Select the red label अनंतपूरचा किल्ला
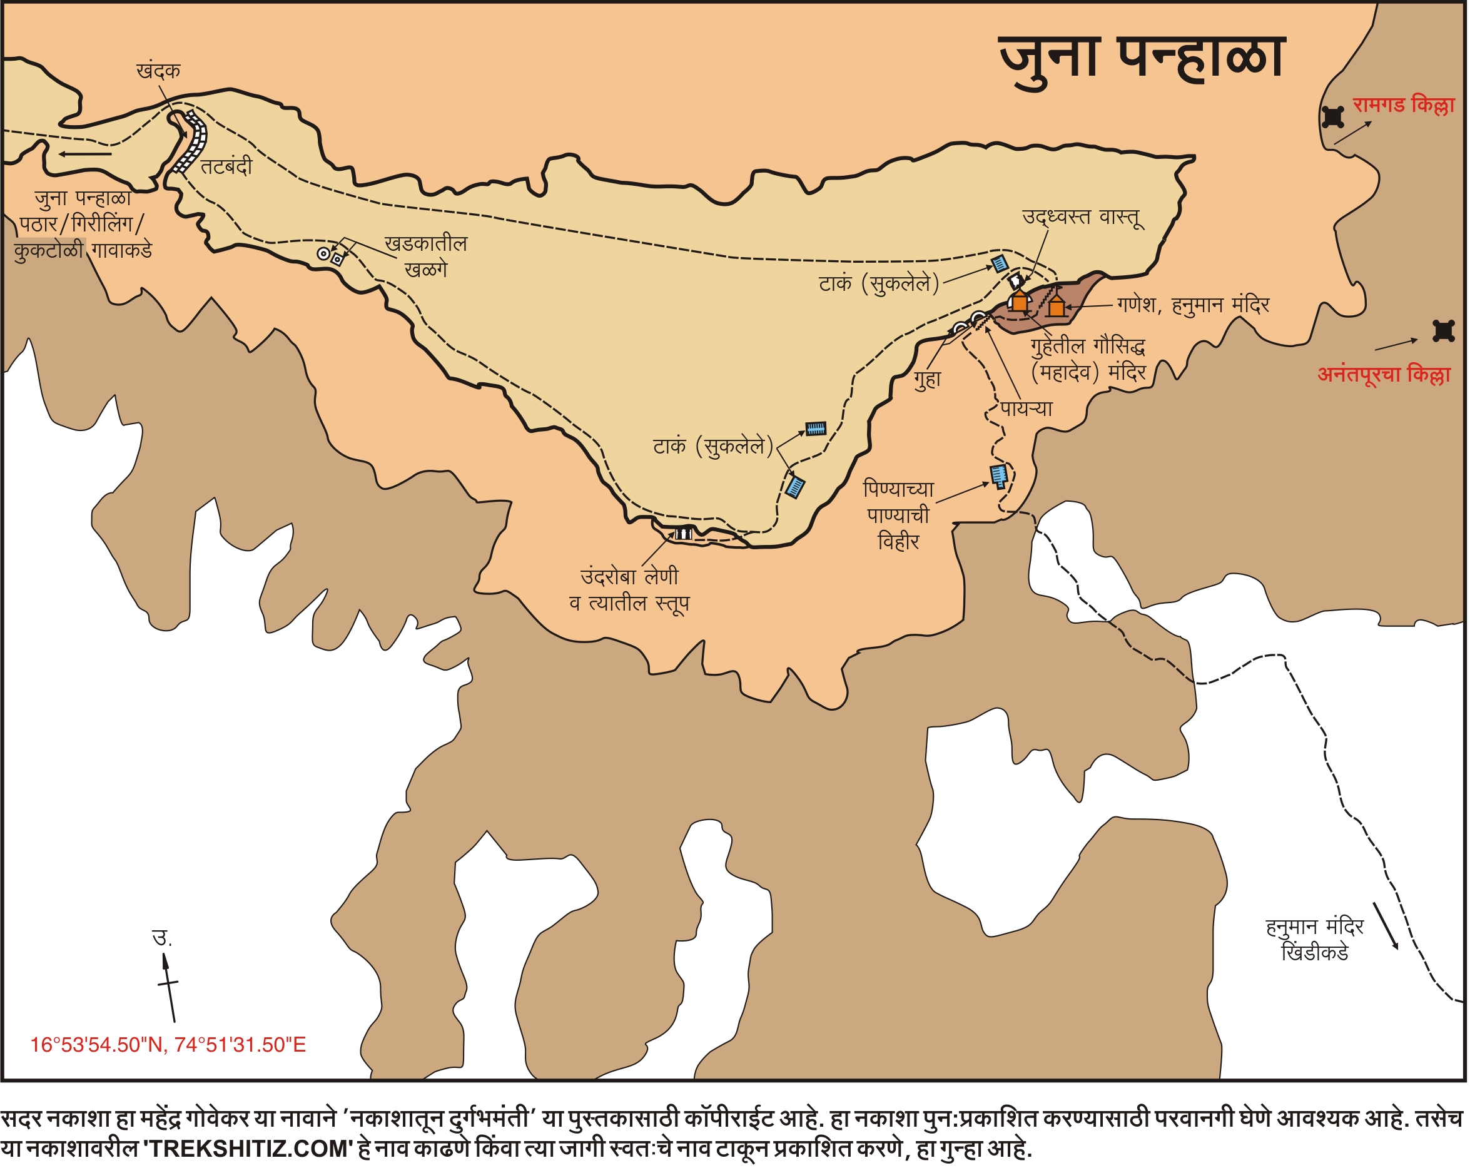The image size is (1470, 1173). point(1384,374)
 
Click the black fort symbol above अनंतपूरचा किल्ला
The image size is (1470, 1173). point(1443,330)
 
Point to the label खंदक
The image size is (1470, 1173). point(158,71)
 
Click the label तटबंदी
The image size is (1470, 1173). point(226,167)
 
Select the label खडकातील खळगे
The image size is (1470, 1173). point(425,256)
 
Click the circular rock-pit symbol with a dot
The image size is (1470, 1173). point(324,255)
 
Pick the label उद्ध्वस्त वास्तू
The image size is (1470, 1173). point(1082,217)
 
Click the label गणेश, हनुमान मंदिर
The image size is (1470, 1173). point(1193,305)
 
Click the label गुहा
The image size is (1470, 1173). point(928,380)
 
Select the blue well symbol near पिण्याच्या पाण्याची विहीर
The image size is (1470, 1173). point(999,475)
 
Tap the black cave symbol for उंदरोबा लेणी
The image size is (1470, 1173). point(683,533)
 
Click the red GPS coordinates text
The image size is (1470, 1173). point(168,1045)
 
